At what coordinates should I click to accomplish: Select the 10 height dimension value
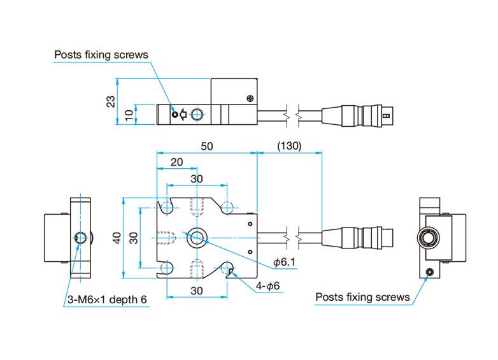click(129, 115)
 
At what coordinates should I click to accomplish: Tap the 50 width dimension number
click(206, 146)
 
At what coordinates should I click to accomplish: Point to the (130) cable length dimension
click(289, 146)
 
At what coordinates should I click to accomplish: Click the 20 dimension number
click(176, 162)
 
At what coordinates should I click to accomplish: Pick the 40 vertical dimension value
click(116, 238)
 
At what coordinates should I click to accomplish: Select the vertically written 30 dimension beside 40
click(133, 238)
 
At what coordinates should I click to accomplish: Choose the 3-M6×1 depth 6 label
click(107, 300)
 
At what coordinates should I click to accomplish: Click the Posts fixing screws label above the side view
click(101, 55)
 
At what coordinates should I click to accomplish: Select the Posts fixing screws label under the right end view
click(363, 297)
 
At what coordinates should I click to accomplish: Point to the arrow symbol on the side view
click(183, 115)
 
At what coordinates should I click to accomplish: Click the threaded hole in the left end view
click(80, 238)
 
